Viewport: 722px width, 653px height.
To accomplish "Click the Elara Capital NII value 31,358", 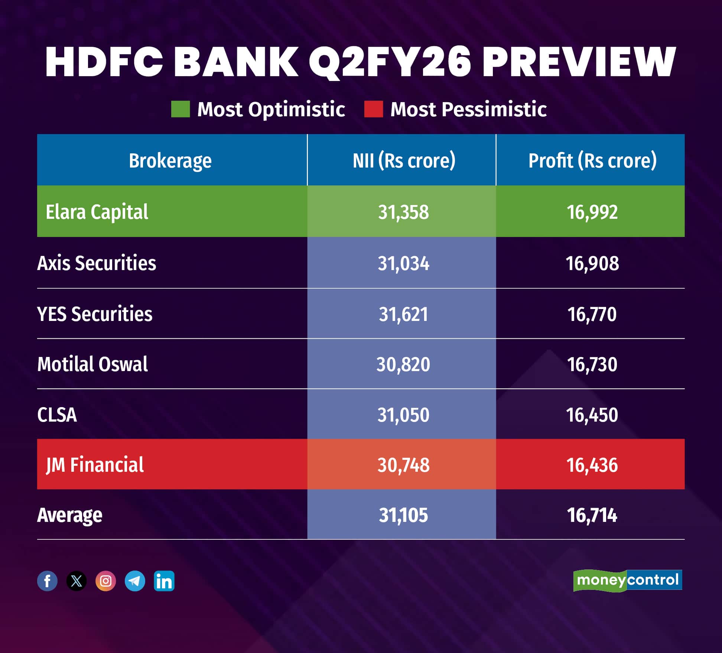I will click(x=403, y=212).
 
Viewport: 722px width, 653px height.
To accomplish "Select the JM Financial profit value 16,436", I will click(x=592, y=465).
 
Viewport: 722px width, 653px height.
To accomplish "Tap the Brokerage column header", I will click(x=170, y=160).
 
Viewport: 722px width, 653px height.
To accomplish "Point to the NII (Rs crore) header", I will click(x=404, y=160).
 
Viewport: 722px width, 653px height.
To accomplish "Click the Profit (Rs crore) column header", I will click(x=592, y=160).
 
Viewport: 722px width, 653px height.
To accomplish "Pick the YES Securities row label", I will click(x=95, y=314).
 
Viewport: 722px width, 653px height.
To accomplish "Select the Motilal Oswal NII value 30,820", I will click(x=403, y=364).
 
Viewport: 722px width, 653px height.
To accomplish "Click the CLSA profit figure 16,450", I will click(x=592, y=415).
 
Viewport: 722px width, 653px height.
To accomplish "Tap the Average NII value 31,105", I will click(x=403, y=515).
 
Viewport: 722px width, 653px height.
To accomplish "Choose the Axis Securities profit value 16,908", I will click(x=592, y=263).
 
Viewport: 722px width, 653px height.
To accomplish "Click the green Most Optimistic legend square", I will click(x=180, y=109).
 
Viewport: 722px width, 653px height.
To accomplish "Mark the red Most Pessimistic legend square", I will click(x=374, y=109).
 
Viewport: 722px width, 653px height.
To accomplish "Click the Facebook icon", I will click(x=48, y=581).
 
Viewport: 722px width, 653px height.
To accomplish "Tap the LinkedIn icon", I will click(x=164, y=581).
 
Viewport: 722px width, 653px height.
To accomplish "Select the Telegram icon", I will click(x=135, y=581).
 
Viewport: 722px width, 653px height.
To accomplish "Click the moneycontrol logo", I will click(x=628, y=580).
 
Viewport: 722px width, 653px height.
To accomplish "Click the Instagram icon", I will click(x=106, y=581).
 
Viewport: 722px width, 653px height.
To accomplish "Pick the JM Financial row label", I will click(x=95, y=465).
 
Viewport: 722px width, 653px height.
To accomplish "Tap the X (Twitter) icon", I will click(x=77, y=581).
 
